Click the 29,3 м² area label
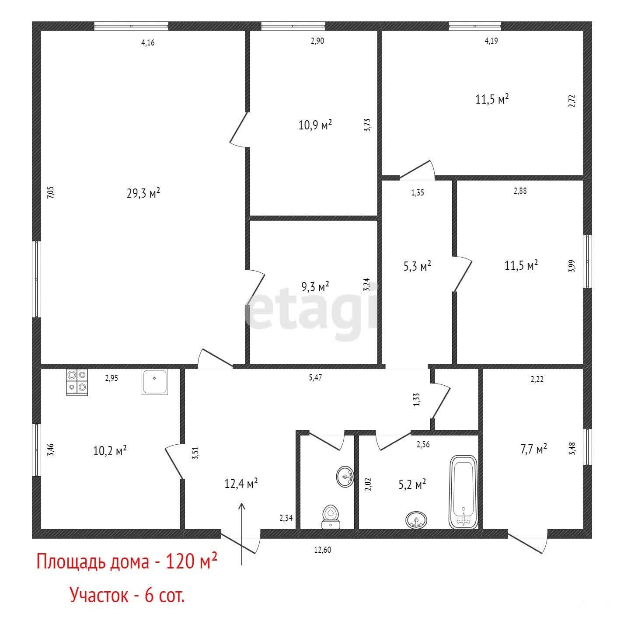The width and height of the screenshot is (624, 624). [x=143, y=193]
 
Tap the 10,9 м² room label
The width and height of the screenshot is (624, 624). [x=315, y=125]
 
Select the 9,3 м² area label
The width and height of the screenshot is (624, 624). [x=315, y=286]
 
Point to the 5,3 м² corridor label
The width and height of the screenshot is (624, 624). [x=417, y=266]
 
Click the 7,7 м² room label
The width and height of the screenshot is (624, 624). [x=533, y=449]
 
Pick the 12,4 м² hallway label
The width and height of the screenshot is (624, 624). [x=241, y=484]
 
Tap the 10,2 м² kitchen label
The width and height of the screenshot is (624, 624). [x=109, y=450]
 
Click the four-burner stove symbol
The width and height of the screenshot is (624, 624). [x=77, y=383]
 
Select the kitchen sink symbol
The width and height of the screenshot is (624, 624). [x=155, y=382]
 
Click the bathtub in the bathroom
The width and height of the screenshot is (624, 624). [x=463, y=492]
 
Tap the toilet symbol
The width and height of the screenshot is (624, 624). [x=331, y=516]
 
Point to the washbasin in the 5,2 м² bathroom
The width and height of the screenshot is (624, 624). [x=416, y=520]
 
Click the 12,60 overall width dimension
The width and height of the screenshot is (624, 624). [x=323, y=550]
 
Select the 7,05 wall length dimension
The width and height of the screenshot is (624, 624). [x=51, y=192]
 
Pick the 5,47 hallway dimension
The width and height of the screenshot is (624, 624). [x=315, y=377]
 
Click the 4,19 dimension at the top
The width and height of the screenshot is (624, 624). [x=491, y=41]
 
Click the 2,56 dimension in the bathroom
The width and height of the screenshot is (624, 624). [x=423, y=444]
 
